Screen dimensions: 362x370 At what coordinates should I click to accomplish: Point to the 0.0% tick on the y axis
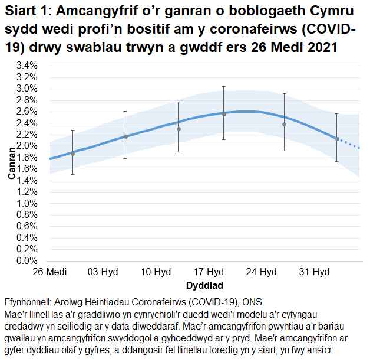[x=27, y=260]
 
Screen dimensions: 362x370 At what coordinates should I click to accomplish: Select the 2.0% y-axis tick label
[x=27, y=146]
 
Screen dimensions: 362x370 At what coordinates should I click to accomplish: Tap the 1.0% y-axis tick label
[x=27, y=203]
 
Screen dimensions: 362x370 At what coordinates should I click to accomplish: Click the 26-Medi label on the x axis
[x=50, y=272]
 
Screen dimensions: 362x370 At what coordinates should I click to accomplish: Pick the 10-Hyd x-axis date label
[x=156, y=272]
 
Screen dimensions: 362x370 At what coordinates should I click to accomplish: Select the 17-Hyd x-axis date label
[x=209, y=272]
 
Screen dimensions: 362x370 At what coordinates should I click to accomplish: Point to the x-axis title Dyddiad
[x=204, y=285]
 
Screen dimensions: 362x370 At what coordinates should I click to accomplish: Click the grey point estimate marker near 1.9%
[x=73, y=154]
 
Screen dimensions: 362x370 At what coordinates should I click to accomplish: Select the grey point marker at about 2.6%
[x=224, y=114]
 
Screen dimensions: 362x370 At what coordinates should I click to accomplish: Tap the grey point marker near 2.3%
[x=179, y=129]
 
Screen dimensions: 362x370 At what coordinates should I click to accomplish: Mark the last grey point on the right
[x=337, y=139]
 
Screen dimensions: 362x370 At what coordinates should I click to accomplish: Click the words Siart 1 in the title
[x=27, y=12]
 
